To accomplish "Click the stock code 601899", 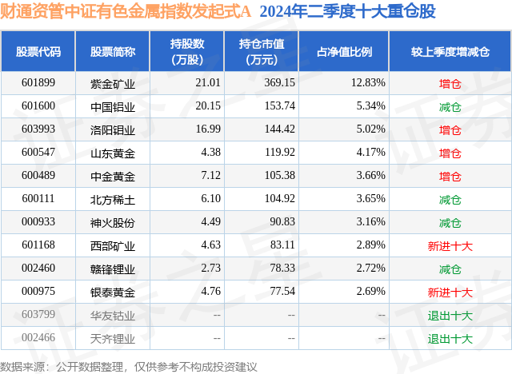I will [x=38, y=82].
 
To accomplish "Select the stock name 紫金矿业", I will [x=113, y=82].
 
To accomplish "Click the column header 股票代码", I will [x=38, y=52].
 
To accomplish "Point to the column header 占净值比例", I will [x=350, y=52].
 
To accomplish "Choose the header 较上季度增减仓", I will [x=450, y=52].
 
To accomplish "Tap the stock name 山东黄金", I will [x=113, y=153].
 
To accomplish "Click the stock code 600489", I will [x=38, y=176].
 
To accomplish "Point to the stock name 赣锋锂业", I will [x=113, y=269].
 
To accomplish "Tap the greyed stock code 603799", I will [x=38, y=316].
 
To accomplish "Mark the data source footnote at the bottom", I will [x=129, y=365].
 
